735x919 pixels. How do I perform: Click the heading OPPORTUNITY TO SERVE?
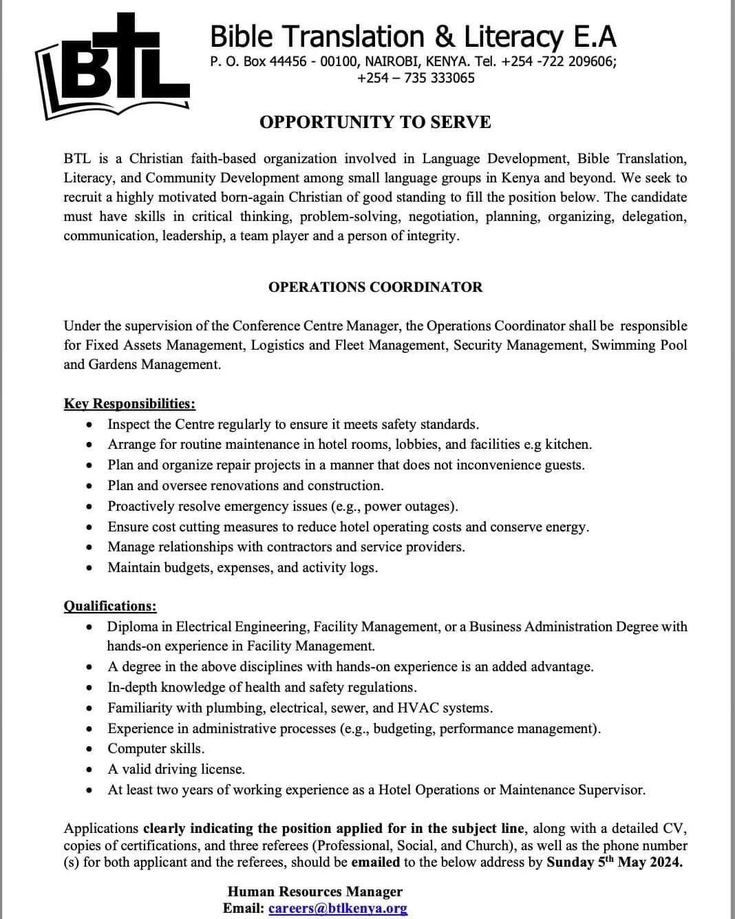pos(375,123)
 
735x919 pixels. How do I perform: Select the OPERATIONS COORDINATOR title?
pos(375,287)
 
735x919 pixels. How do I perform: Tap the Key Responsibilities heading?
pos(129,404)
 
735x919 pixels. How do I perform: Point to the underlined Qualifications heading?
pos(110,606)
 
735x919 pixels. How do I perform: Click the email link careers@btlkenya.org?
pos(338,909)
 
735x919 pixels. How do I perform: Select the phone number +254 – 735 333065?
pos(416,78)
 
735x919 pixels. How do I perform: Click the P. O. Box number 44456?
pos(288,61)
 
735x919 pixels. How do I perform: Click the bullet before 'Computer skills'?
pos(90,749)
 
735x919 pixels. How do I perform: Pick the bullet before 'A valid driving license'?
pos(90,770)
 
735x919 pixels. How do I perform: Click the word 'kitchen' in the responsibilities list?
pos(567,445)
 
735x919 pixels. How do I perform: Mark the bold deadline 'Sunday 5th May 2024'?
pos(614,863)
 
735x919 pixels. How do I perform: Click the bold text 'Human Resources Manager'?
pos(315,892)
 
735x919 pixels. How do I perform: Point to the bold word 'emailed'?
pos(376,863)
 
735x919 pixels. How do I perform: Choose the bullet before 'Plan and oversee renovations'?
pos(90,486)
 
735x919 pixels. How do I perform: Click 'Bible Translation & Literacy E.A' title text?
pos(413,36)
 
